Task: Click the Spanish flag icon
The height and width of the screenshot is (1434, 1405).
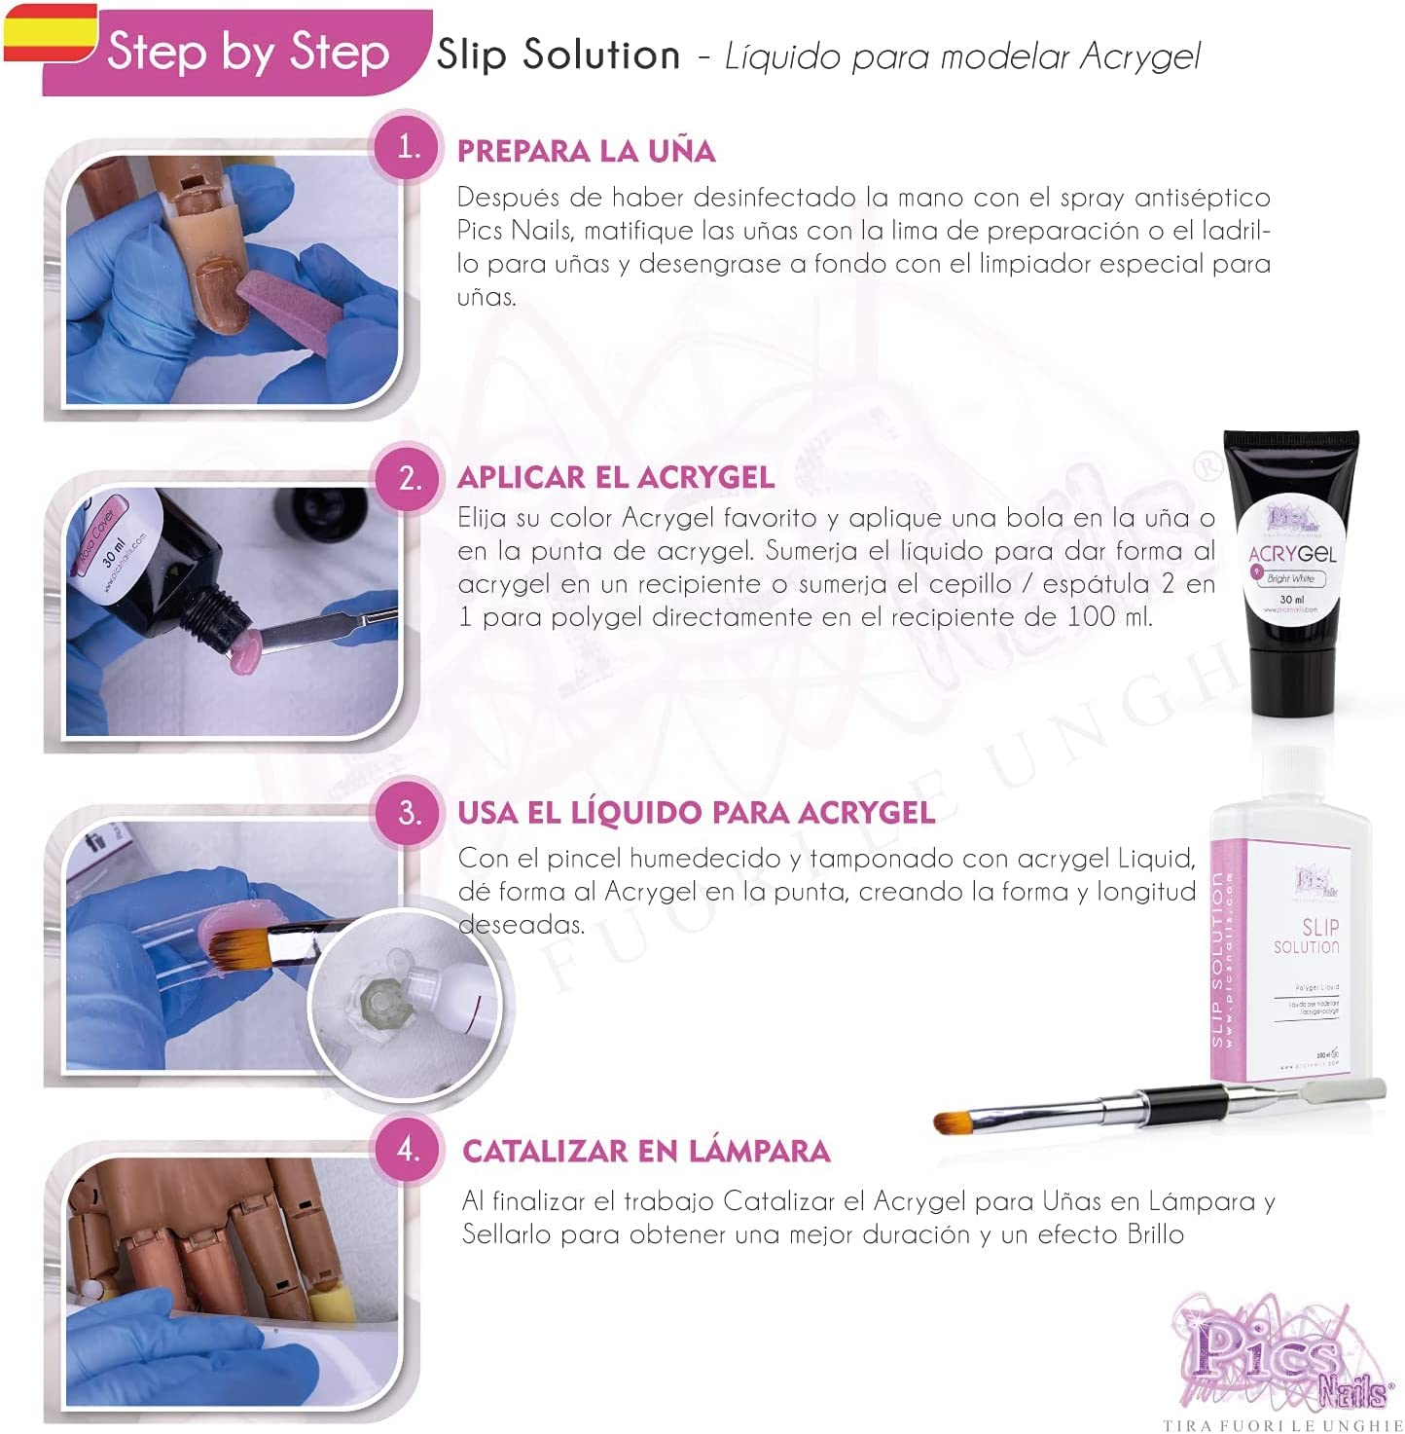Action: coord(49,31)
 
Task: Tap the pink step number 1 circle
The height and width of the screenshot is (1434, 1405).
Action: coord(409,148)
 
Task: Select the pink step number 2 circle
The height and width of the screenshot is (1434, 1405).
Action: coord(409,478)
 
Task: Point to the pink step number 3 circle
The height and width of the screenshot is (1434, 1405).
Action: coord(409,813)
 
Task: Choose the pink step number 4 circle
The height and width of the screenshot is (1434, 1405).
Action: coord(409,1150)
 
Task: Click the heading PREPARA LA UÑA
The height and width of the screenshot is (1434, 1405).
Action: coord(586,152)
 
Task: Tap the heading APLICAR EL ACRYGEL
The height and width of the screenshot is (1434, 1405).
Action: coord(616,478)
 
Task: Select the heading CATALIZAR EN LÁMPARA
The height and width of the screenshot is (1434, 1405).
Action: coord(646,1152)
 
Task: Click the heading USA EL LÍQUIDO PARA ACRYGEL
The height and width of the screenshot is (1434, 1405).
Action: coord(696,813)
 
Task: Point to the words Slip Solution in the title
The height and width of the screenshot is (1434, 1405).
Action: coord(558,55)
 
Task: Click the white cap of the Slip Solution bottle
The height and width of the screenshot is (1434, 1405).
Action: coord(1293,775)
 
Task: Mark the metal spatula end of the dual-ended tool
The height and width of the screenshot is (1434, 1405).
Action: coord(1352,1087)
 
